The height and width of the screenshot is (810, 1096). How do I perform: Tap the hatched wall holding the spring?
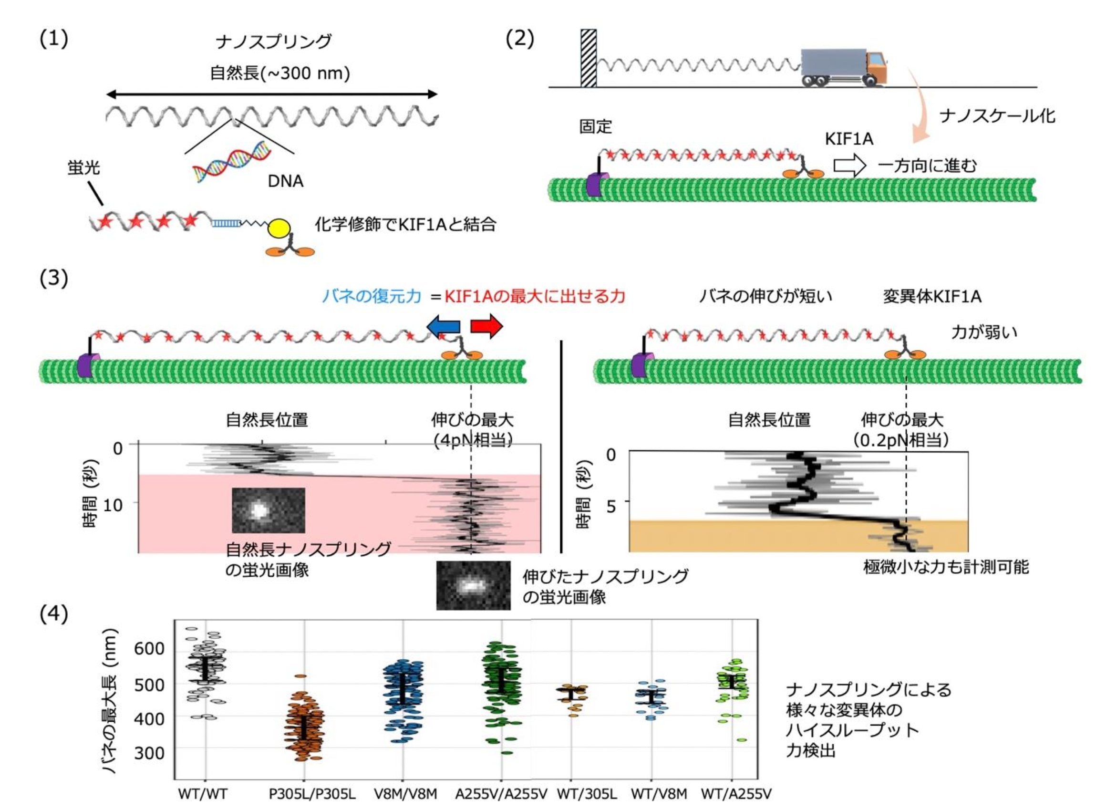[x=588, y=58]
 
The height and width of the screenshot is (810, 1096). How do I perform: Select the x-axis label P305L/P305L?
[x=312, y=794]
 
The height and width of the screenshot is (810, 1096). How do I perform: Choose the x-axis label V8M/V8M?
[x=405, y=794]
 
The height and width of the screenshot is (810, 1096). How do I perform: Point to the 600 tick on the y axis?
[x=149, y=648]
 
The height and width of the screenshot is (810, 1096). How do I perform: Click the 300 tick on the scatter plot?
[x=149, y=753]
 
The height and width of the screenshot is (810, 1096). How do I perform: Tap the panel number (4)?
[x=53, y=614]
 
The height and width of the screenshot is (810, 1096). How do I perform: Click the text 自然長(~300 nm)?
[x=279, y=73]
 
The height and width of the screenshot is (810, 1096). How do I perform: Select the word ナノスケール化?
[x=997, y=116]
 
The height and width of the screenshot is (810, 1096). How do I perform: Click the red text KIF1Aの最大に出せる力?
[x=535, y=296]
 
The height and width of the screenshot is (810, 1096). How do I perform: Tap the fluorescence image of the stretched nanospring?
[x=473, y=585]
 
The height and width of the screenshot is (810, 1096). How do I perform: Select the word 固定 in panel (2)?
[x=595, y=126]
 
